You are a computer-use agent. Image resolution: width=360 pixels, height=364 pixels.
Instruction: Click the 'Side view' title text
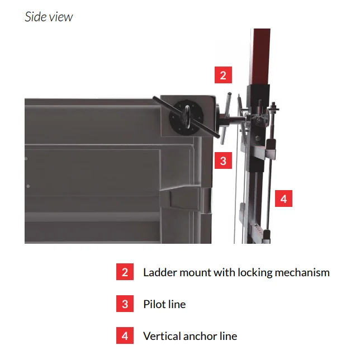click(x=49, y=17)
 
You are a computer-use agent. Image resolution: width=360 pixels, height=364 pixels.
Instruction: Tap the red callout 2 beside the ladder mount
click(x=223, y=75)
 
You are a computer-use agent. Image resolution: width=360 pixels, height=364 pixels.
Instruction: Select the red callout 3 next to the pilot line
click(x=223, y=160)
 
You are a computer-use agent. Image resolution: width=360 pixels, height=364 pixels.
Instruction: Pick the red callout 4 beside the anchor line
click(x=283, y=198)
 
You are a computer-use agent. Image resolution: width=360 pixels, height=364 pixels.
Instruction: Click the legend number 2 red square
click(x=125, y=272)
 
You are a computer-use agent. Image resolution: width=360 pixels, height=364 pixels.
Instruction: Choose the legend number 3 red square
click(x=125, y=304)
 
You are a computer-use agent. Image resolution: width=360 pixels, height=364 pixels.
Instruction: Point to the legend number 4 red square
click(x=125, y=335)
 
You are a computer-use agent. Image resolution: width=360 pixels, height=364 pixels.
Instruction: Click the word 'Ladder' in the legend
click(x=160, y=272)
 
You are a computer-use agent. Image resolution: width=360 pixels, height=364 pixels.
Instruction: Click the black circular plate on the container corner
click(x=187, y=117)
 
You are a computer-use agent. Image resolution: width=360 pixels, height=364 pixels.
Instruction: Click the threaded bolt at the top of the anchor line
click(x=274, y=107)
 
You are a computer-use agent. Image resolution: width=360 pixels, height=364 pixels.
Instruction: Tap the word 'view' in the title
click(x=63, y=17)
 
